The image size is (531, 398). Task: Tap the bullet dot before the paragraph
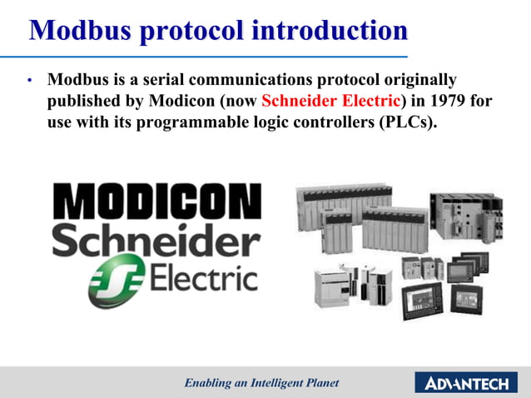point(29,82)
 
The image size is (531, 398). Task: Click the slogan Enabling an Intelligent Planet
point(262,383)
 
